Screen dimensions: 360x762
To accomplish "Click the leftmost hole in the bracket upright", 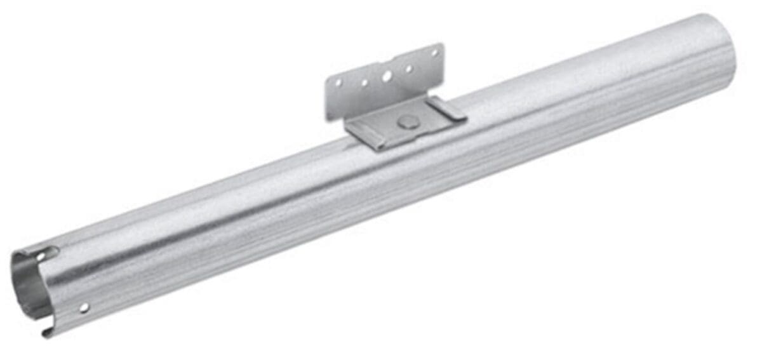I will coord(338,83).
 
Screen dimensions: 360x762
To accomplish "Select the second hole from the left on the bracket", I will coord(364,81).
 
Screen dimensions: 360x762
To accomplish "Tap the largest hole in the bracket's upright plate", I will coord(387,76).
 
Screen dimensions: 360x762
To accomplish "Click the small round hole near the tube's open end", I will coord(84,307).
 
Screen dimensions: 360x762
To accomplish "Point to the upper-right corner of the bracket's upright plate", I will coord(441,45).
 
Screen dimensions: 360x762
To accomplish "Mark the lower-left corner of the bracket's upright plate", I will coord(329,117).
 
